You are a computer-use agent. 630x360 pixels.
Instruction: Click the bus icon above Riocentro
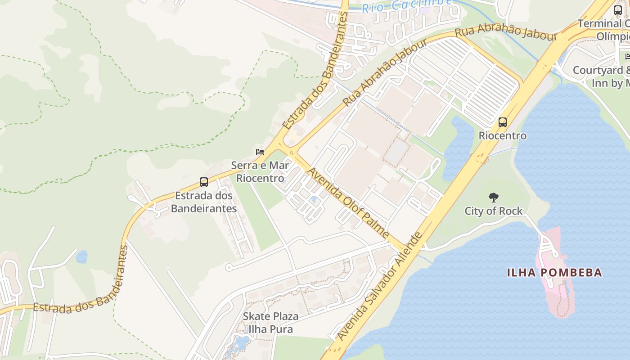pyautogui.click(x=503, y=122)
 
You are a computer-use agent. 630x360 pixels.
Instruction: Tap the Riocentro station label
pyautogui.click(x=502, y=135)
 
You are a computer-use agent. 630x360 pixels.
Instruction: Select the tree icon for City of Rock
pyautogui.click(x=494, y=197)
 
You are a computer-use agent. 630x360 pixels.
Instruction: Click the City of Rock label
pyautogui.click(x=494, y=211)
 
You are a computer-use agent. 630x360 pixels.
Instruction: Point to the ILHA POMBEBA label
pyautogui.click(x=554, y=272)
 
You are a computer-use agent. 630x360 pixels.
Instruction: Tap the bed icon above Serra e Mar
pyautogui.click(x=260, y=152)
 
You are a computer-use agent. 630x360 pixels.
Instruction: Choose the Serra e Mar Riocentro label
pyautogui.click(x=260, y=171)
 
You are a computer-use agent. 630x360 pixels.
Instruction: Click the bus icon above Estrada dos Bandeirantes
pyautogui.click(x=204, y=182)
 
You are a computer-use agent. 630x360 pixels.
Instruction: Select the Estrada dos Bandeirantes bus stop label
pyautogui.click(x=204, y=202)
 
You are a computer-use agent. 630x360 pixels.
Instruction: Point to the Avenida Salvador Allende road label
pyautogui.click(x=380, y=286)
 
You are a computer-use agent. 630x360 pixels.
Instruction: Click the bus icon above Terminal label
pyautogui.click(x=618, y=10)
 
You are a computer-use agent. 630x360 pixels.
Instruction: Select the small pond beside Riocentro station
pyautogui.click(x=454, y=148)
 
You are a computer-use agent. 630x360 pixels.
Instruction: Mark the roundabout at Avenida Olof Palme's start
pyautogui.click(x=292, y=153)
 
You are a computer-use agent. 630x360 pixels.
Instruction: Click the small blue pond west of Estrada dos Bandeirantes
pyautogui.click(x=81, y=257)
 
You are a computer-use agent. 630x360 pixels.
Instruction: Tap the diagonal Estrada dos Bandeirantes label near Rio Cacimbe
pyautogui.click(x=315, y=72)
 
